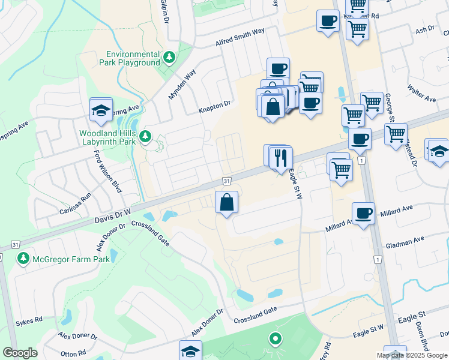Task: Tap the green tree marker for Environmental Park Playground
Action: click(170, 58)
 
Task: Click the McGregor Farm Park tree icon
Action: click(23, 259)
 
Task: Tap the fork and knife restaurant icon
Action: click(281, 158)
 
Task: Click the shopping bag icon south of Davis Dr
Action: click(227, 203)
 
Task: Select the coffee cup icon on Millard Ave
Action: click(363, 214)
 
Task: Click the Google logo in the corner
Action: click(20, 353)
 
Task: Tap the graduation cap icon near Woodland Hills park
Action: click(100, 110)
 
